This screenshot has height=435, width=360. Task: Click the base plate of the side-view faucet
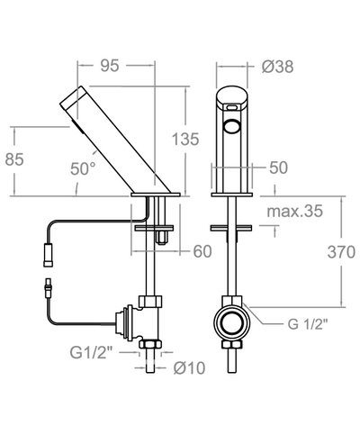tap(159, 194)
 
